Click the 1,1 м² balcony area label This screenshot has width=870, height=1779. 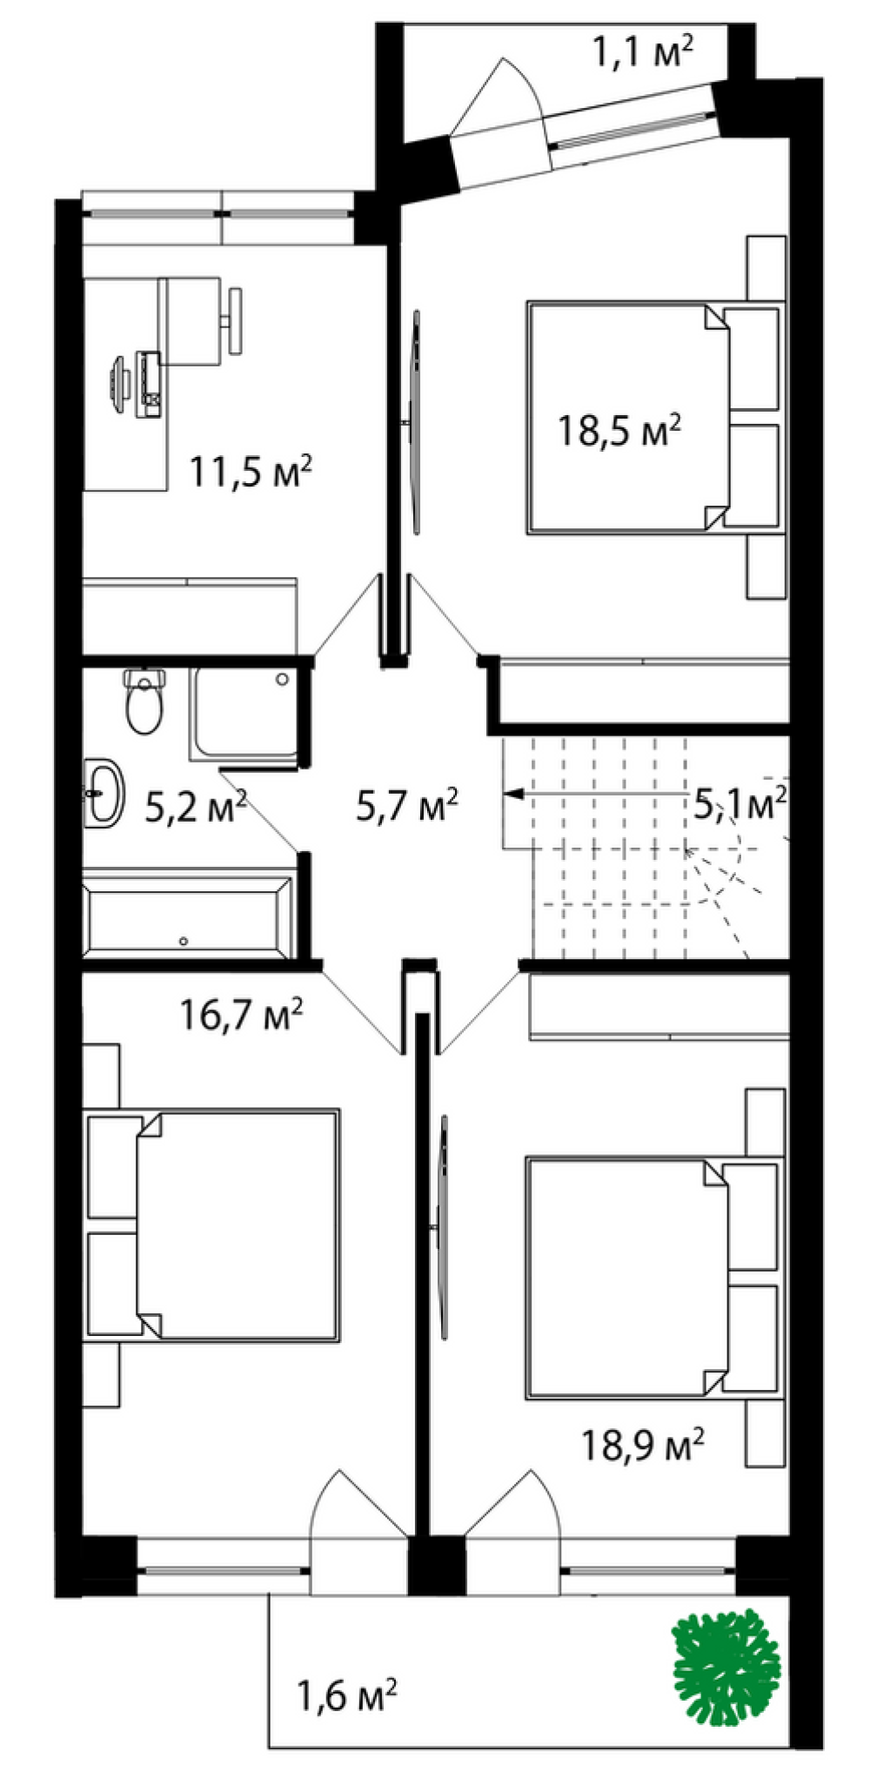643,53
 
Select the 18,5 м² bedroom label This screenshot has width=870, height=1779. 619,430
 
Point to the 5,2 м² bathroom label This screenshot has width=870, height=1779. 195,807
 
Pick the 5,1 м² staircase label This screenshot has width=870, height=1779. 740,805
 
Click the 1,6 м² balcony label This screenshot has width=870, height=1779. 348,1695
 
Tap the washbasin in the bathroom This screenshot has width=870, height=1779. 104,793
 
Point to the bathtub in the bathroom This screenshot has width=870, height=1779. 189,913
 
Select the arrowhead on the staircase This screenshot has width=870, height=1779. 512,794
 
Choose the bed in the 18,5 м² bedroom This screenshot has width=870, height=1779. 656,417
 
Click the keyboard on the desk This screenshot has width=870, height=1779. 151,383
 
